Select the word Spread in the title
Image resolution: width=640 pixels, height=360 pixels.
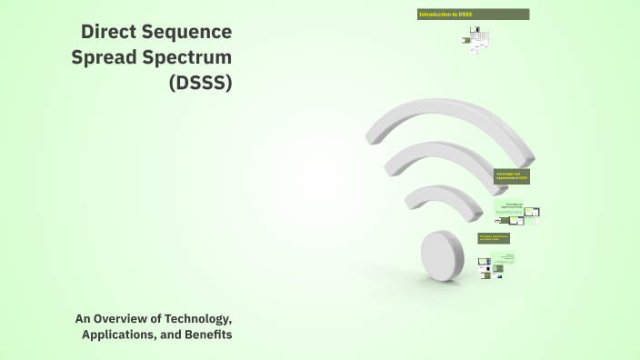click(103, 58)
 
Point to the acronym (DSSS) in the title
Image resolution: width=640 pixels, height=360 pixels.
click(200, 84)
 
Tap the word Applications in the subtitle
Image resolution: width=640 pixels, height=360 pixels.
click(117, 335)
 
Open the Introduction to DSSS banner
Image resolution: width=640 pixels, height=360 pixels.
click(473, 15)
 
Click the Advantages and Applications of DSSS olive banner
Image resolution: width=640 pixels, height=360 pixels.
click(511, 176)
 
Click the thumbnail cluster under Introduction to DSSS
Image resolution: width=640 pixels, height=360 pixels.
click(479, 40)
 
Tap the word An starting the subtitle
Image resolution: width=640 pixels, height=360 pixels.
click(85, 318)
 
